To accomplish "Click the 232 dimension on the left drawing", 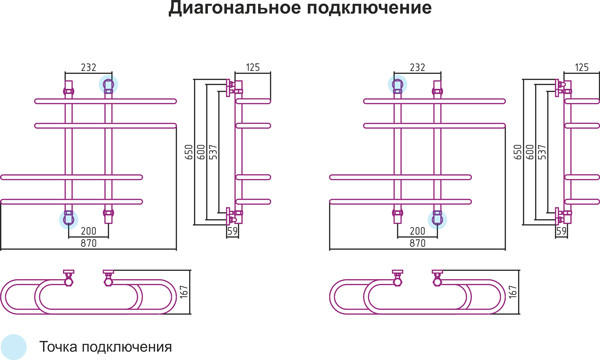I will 88,67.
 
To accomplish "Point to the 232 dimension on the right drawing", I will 417,67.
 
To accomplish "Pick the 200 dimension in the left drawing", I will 88,231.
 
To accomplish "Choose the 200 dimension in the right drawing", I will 417,231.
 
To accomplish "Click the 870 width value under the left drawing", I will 88,243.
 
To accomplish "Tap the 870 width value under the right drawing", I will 417,243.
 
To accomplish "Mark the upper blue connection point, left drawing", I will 108,86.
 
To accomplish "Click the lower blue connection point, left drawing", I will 68,219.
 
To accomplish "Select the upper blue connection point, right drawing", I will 398,86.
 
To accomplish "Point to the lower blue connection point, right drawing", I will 437,219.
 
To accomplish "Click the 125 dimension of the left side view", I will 252,67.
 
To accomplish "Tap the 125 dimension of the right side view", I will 582,67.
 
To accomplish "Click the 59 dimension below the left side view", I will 233,231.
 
